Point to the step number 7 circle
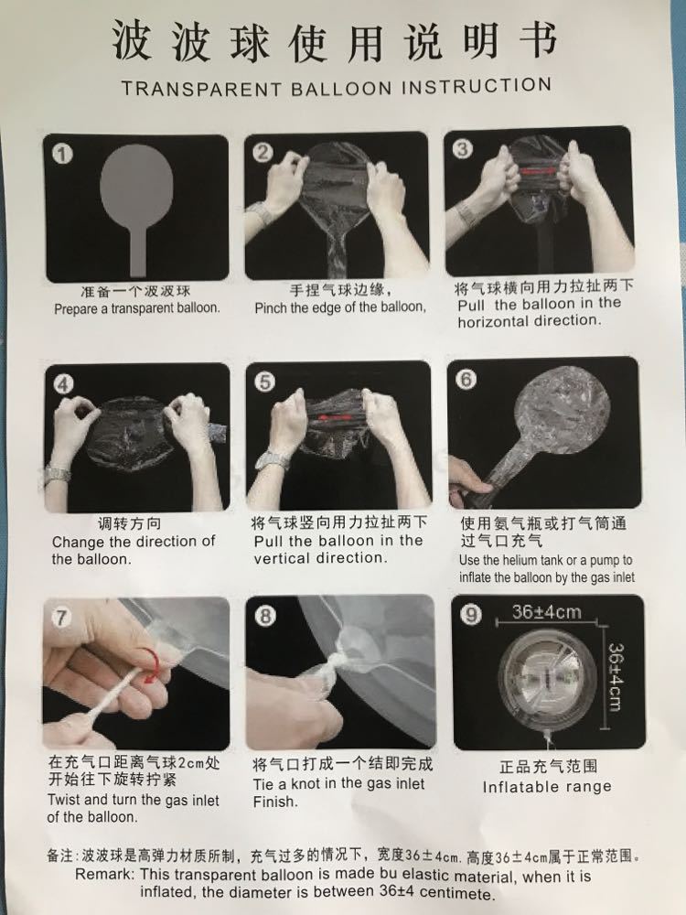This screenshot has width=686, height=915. [x=61, y=618]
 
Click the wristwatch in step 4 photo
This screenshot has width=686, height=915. [x=58, y=474]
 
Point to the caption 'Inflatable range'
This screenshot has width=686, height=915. [x=547, y=786]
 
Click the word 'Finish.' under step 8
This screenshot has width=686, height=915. [x=275, y=802]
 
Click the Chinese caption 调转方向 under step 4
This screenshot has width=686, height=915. [x=129, y=523]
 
